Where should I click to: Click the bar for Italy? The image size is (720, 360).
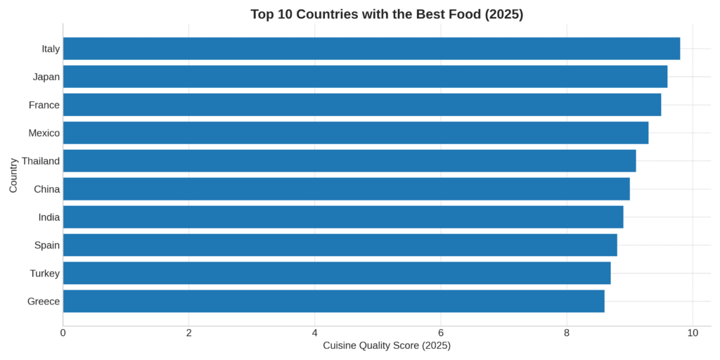coord(371,49)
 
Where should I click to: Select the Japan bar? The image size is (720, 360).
coord(365,77)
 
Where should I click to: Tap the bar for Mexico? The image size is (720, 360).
coord(356,133)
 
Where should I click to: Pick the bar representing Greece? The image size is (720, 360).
coord(333,302)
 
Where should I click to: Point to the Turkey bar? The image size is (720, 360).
coord(337,274)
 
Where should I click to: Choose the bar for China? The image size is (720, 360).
coord(346,189)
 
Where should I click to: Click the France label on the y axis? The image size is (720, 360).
coord(44,105)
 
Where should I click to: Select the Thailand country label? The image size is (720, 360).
coord(41,161)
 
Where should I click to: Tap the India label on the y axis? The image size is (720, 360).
coord(49,217)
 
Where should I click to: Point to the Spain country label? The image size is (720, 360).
coord(47,245)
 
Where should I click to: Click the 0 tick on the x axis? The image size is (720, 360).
coord(63,333)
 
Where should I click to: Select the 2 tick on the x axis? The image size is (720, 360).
coord(189,333)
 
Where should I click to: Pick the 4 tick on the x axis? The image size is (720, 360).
coord(315,333)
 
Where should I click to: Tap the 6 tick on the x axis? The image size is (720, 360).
coord(441,333)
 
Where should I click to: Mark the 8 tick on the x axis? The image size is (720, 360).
coord(567,333)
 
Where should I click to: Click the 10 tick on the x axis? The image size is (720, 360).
coord(693,333)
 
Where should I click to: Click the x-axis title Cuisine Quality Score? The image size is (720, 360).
coord(386,345)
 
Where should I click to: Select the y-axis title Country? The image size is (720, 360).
coord(14,175)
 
